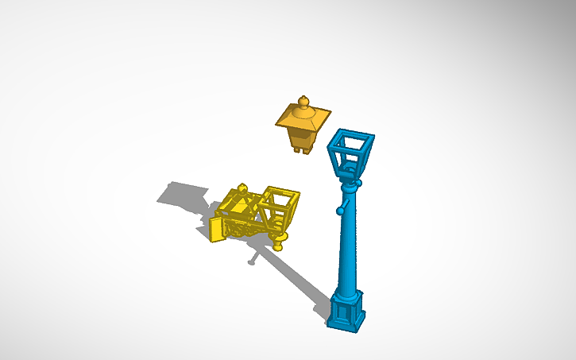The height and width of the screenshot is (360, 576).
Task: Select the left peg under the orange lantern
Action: pos(296,148)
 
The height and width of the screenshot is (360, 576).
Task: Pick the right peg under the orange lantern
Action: pos(307,149)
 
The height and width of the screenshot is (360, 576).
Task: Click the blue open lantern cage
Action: pos(350,153)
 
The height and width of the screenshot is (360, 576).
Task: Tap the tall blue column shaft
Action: pos(346,246)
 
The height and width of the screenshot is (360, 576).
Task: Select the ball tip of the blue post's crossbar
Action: pos(338,211)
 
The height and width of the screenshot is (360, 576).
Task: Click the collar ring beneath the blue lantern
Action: pos(349,184)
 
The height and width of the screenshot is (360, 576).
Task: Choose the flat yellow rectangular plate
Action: pos(218,229)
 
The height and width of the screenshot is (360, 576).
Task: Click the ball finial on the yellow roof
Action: pos(243,188)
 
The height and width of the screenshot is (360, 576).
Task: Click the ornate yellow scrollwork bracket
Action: pos(246,226)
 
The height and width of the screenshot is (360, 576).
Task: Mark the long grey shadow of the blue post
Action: pos(298,274)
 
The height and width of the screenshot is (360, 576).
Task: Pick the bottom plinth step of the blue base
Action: pos(345,324)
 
